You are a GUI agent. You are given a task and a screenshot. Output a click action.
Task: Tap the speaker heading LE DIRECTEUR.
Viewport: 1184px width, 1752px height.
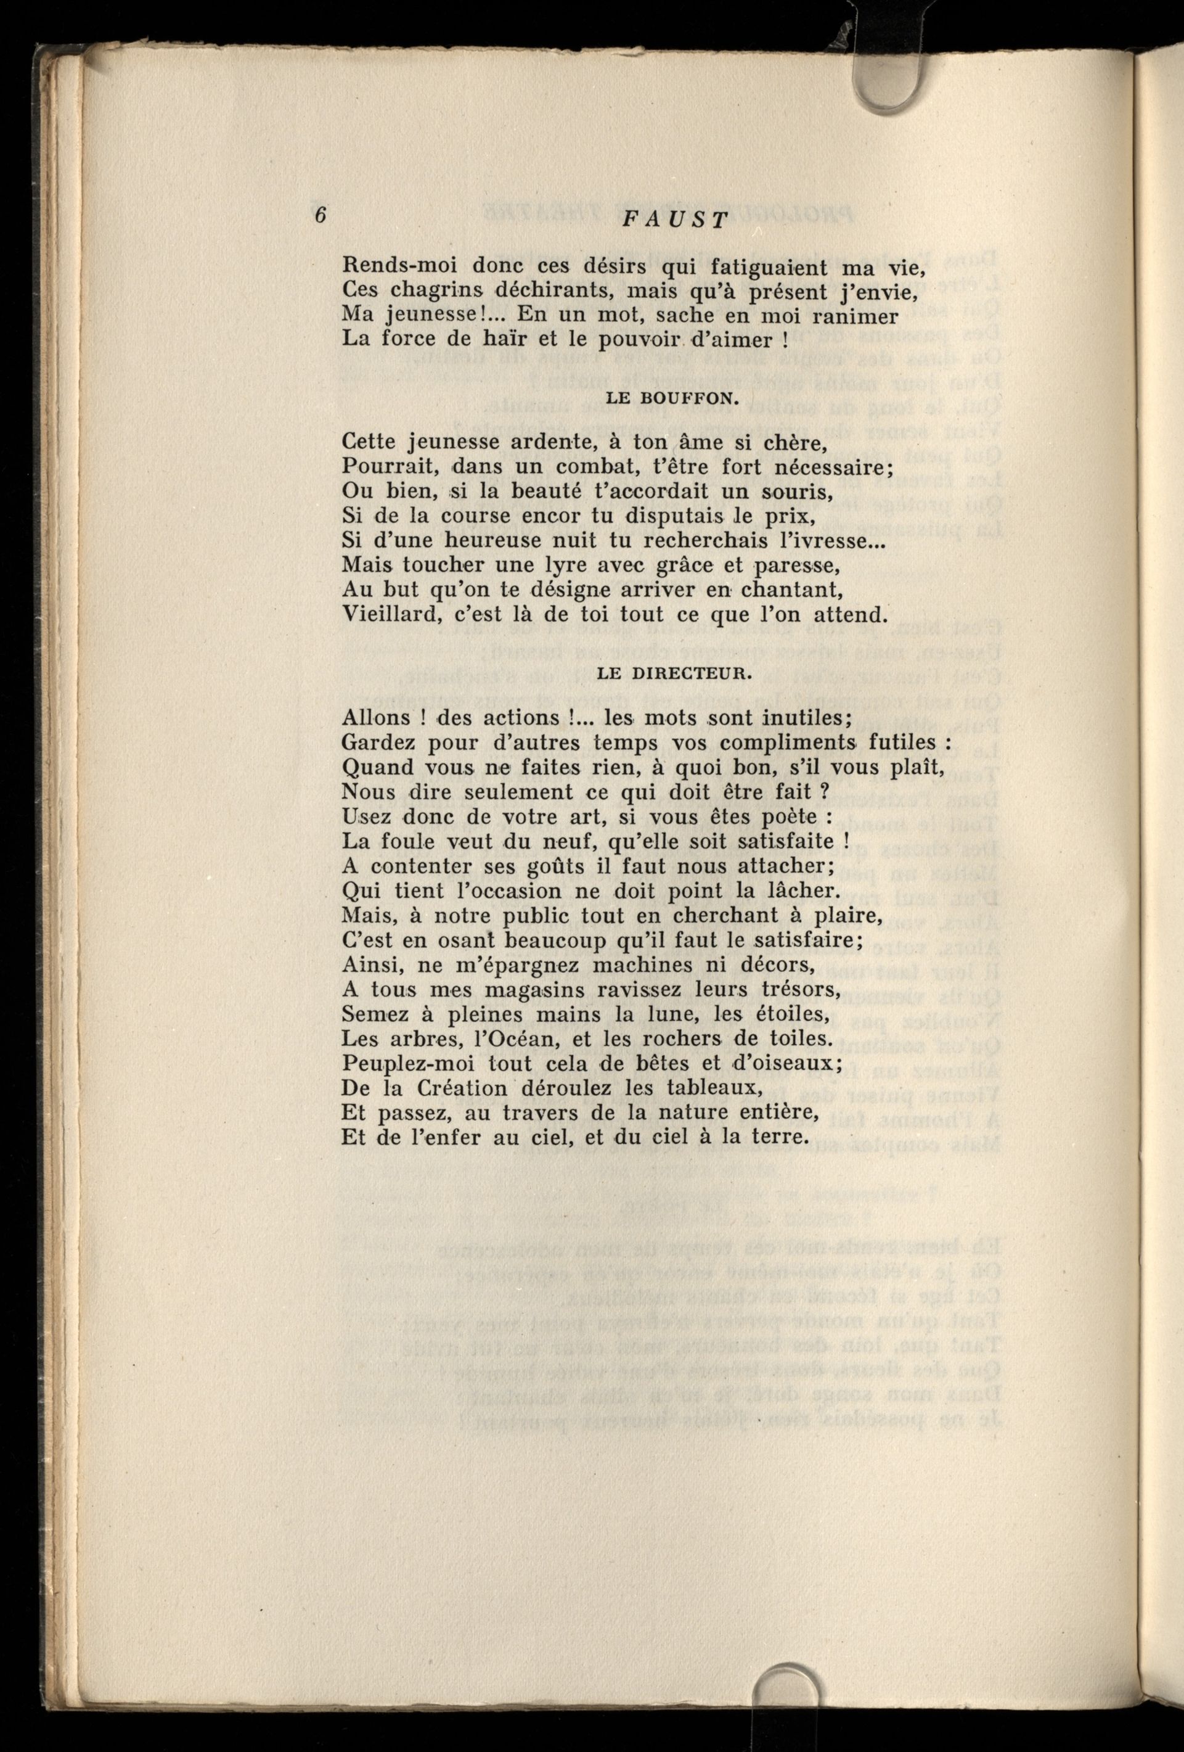[673, 674]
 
